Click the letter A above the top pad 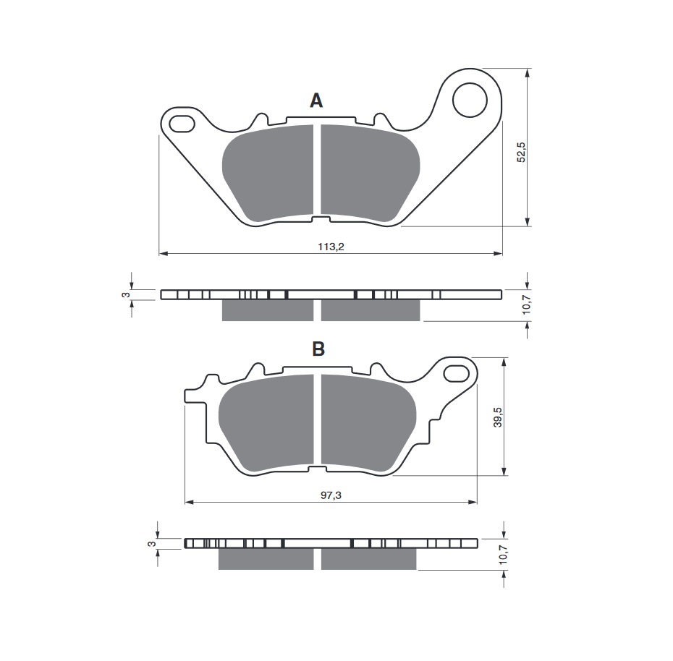316,101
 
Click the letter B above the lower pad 318,349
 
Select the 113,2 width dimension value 331,247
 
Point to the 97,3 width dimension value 331,495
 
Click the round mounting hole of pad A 470,100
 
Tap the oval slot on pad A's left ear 182,124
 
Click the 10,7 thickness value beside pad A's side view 527,304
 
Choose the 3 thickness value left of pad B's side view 150,544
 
